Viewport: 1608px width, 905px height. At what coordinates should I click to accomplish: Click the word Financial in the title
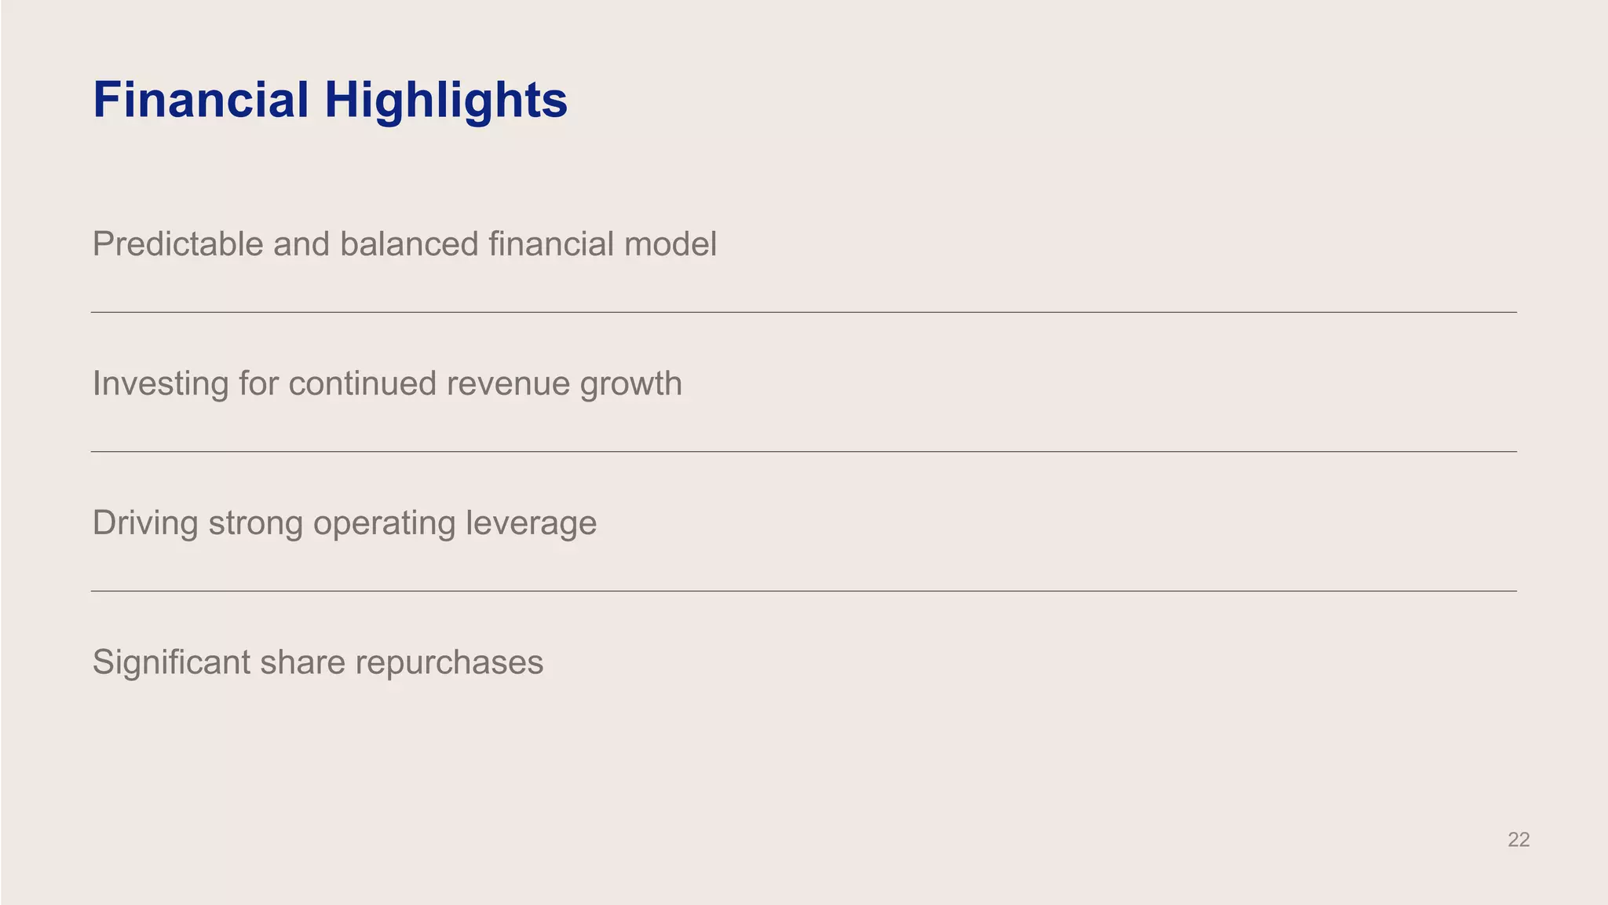(x=201, y=100)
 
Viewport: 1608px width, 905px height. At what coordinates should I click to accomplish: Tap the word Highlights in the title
(x=446, y=101)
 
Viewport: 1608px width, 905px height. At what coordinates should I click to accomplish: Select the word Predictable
(x=177, y=244)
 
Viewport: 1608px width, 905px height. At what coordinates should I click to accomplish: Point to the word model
(x=670, y=244)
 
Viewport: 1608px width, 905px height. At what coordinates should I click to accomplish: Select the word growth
(x=631, y=384)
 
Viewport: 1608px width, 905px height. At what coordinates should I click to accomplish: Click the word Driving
(x=145, y=523)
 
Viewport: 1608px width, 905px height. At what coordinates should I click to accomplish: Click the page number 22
(x=1518, y=840)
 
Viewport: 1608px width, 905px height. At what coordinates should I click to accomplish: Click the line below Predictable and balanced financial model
(x=804, y=312)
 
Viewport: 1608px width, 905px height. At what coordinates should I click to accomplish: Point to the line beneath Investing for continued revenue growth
(x=804, y=452)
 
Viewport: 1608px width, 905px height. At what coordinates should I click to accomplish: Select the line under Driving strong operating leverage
(x=804, y=591)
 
